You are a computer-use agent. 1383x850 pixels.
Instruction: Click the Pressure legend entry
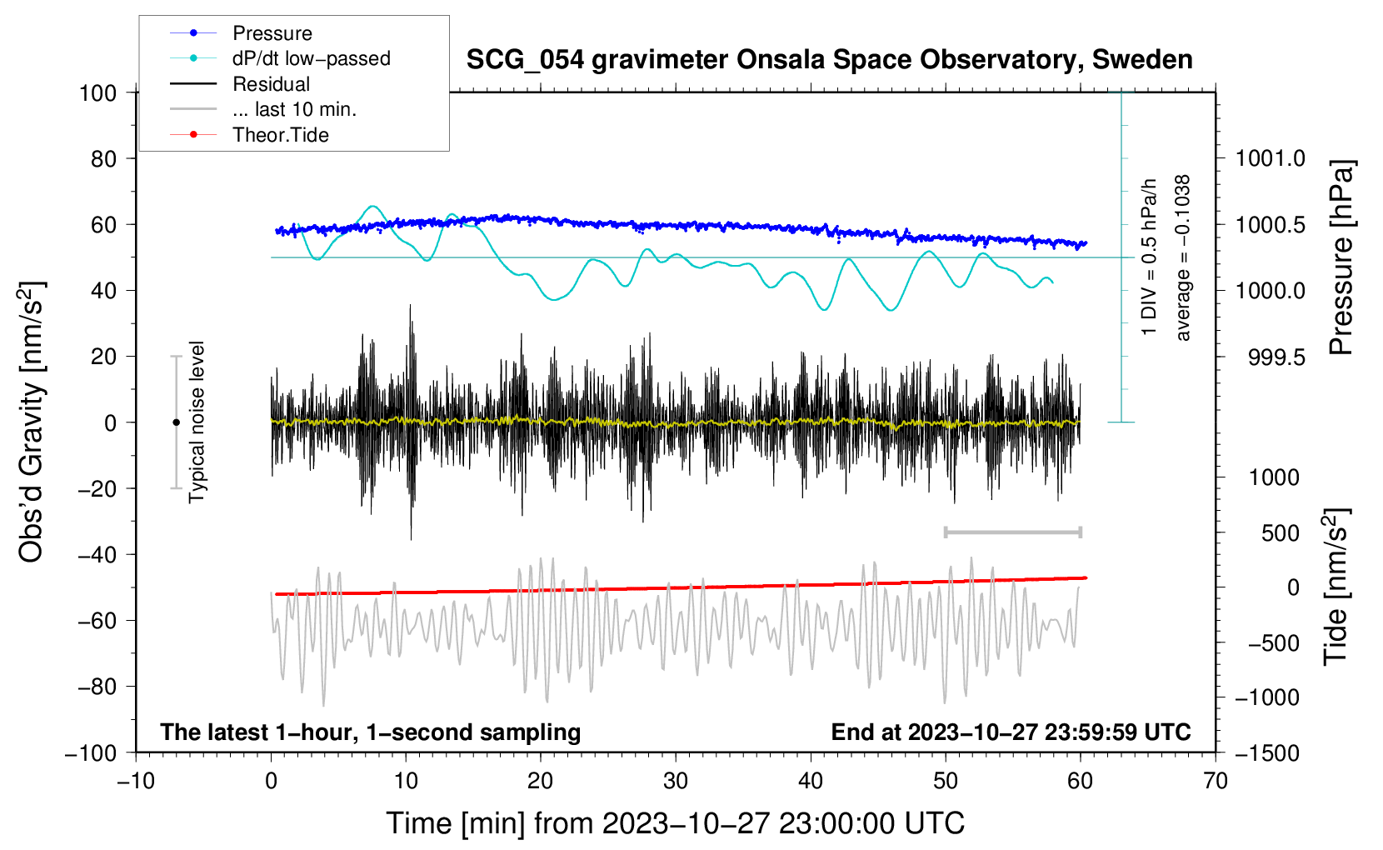pyautogui.click(x=272, y=33)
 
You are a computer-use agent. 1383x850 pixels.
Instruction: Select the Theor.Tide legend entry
pyautogui.click(x=280, y=135)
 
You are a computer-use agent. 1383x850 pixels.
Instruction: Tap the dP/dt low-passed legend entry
pyautogui.click(x=311, y=58)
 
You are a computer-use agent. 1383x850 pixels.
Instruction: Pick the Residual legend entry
pyautogui.click(x=271, y=84)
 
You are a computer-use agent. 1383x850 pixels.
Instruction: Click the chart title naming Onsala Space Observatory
pyautogui.click(x=829, y=60)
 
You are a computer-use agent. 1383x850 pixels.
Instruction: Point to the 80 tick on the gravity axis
pyautogui.click(x=103, y=158)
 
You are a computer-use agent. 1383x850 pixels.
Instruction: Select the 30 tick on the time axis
pyautogui.click(x=676, y=781)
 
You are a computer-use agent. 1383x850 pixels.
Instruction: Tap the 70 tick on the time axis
pyautogui.click(x=1216, y=781)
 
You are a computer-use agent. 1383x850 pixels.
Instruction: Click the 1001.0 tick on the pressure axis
pyautogui.click(x=1270, y=158)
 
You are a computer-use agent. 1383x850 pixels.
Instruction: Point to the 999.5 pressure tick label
pyautogui.click(x=1276, y=357)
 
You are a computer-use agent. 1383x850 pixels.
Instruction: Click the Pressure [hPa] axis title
pyautogui.click(x=1342, y=257)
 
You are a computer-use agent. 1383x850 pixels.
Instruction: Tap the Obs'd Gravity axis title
pyautogui.click(x=32, y=422)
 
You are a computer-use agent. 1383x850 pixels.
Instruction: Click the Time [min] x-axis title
pyautogui.click(x=676, y=823)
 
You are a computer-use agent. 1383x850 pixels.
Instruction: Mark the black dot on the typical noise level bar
pyautogui.click(x=176, y=422)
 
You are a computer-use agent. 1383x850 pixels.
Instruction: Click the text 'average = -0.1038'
pyautogui.click(x=1182, y=257)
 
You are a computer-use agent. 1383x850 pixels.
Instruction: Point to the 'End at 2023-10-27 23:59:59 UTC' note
pyautogui.click(x=1011, y=732)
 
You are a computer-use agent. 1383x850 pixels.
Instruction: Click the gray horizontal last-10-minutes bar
pyautogui.click(x=1012, y=532)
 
